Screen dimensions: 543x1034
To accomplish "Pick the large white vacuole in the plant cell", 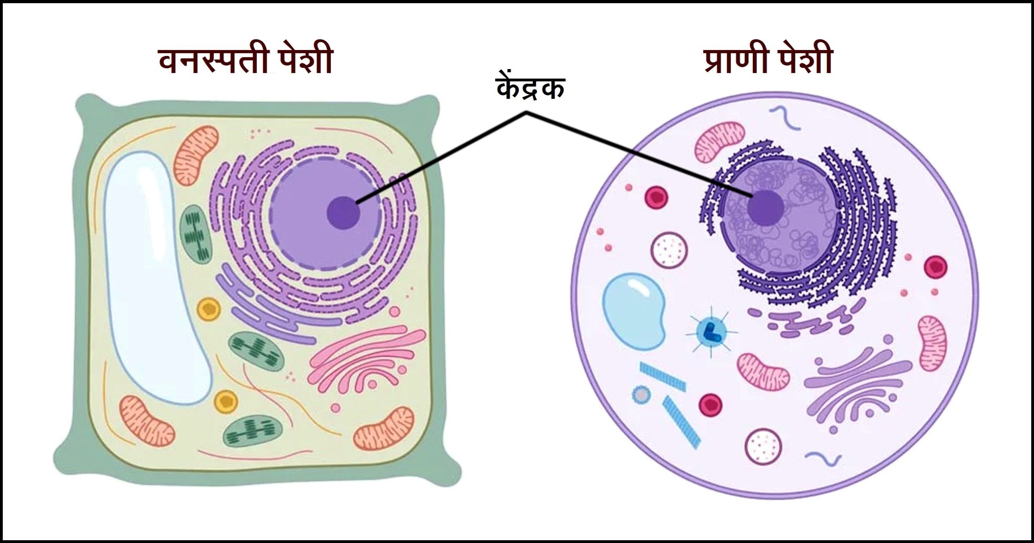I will (156, 275).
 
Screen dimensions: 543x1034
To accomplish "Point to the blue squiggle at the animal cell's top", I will (785, 118).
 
